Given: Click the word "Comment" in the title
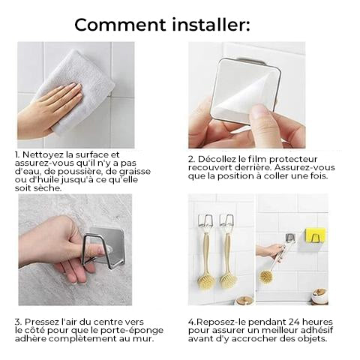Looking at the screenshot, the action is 120,25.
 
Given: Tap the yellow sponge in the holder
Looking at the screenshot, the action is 316,235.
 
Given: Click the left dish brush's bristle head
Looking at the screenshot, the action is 206,280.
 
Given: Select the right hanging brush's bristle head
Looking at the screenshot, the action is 228,280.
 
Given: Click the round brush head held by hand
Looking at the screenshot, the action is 265,276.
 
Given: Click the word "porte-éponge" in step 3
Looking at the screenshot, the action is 132,331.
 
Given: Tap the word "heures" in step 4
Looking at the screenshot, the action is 318,322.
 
